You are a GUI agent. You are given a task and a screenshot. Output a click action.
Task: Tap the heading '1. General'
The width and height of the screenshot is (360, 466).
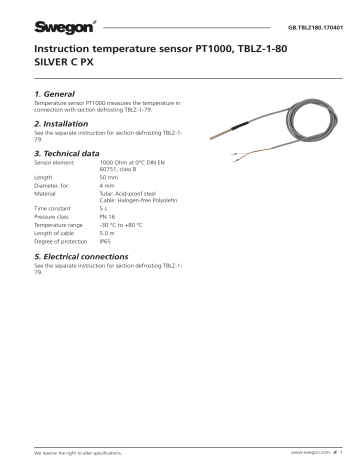click(x=59, y=93)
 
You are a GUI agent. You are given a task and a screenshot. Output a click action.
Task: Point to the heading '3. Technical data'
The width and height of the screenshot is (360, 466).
click(x=72, y=156)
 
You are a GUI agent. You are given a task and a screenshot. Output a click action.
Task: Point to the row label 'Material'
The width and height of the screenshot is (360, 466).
click(x=45, y=194)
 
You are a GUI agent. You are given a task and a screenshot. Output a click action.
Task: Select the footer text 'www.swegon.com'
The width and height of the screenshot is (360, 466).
click(x=309, y=452)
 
